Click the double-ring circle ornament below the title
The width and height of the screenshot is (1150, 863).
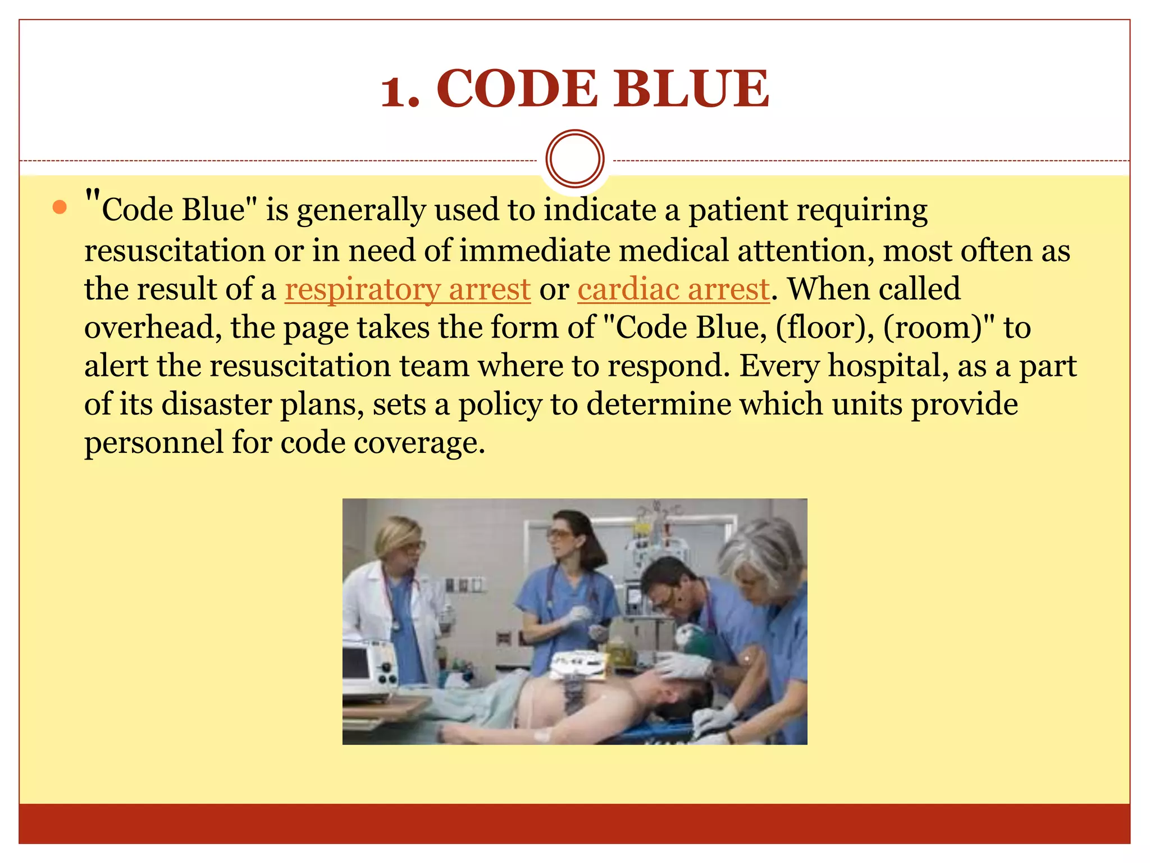[x=574, y=159]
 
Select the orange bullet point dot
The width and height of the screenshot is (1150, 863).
[x=60, y=208]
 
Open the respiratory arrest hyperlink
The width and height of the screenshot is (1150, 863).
[x=408, y=290]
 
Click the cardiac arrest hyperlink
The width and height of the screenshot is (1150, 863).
[x=673, y=290]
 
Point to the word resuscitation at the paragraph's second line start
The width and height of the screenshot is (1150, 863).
[x=174, y=251]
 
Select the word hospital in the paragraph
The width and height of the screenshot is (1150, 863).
[x=887, y=366]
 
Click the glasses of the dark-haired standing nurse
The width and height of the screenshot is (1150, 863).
[x=560, y=534]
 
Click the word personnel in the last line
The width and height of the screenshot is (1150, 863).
[x=153, y=443]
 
